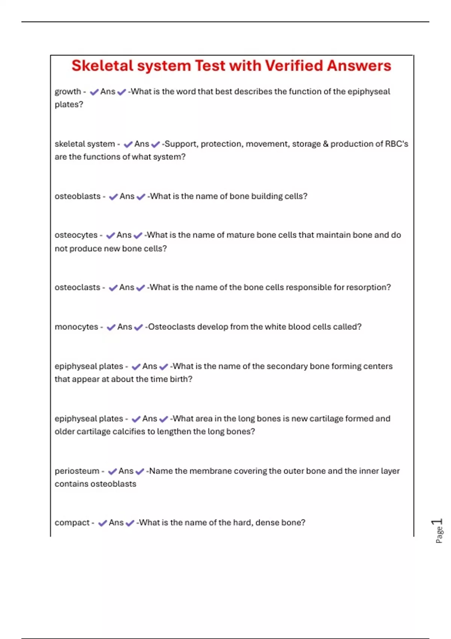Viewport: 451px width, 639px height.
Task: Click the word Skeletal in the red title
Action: [x=102, y=66]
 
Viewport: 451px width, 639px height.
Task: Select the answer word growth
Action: [x=68, y=92]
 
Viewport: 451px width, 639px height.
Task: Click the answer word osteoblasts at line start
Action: [x=77, y=196]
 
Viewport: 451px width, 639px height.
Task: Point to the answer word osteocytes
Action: [x=76, y=235]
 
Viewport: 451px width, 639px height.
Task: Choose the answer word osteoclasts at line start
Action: [x=77, y=288]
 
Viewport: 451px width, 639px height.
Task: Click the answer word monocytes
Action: [x=76, y=327]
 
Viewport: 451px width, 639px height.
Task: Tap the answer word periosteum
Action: [x=77, y=471]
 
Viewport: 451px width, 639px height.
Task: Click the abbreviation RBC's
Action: [x=397, y=144]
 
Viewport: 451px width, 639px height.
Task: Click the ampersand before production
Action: [x=325, y=144]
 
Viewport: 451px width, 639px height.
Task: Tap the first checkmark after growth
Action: [x=94, y=92]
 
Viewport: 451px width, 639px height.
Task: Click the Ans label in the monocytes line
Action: [x=125, y=327]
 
